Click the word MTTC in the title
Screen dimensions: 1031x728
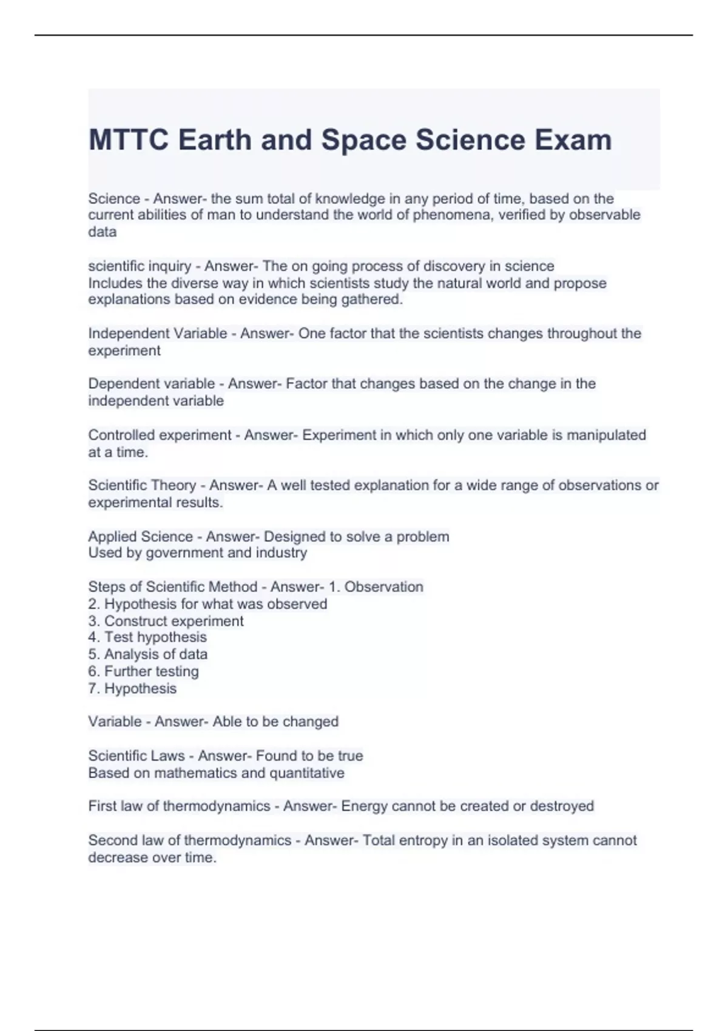pyautogui.click(x=128, y=140)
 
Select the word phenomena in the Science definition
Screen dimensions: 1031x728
pyautogui.click(x=452, y=215)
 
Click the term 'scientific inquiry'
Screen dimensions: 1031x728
pyautogui.click(x=140, y=266)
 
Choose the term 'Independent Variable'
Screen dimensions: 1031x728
pyautogui.click(x=157, y=334)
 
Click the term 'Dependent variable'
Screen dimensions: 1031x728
pyautogui.click(x=151, y=384)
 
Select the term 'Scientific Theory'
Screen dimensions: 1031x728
pyautogui.click(x=142, y=485)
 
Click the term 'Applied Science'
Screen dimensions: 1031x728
pyautogui.click(x=140, y=537)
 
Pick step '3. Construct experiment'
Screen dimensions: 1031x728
pyautogui.click(x=166, y=621)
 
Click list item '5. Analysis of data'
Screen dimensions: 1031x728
pyautogui.click(x=147, y=654)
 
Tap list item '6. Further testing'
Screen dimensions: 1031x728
pyautogui.click(x=143, y=671)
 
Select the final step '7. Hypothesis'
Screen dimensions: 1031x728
pyautogui.click(x=132, y=688)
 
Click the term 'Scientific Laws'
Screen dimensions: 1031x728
pyautogui.click(x=136, y=756)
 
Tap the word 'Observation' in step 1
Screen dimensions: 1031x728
pyautogui.click(x=383, y=587)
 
